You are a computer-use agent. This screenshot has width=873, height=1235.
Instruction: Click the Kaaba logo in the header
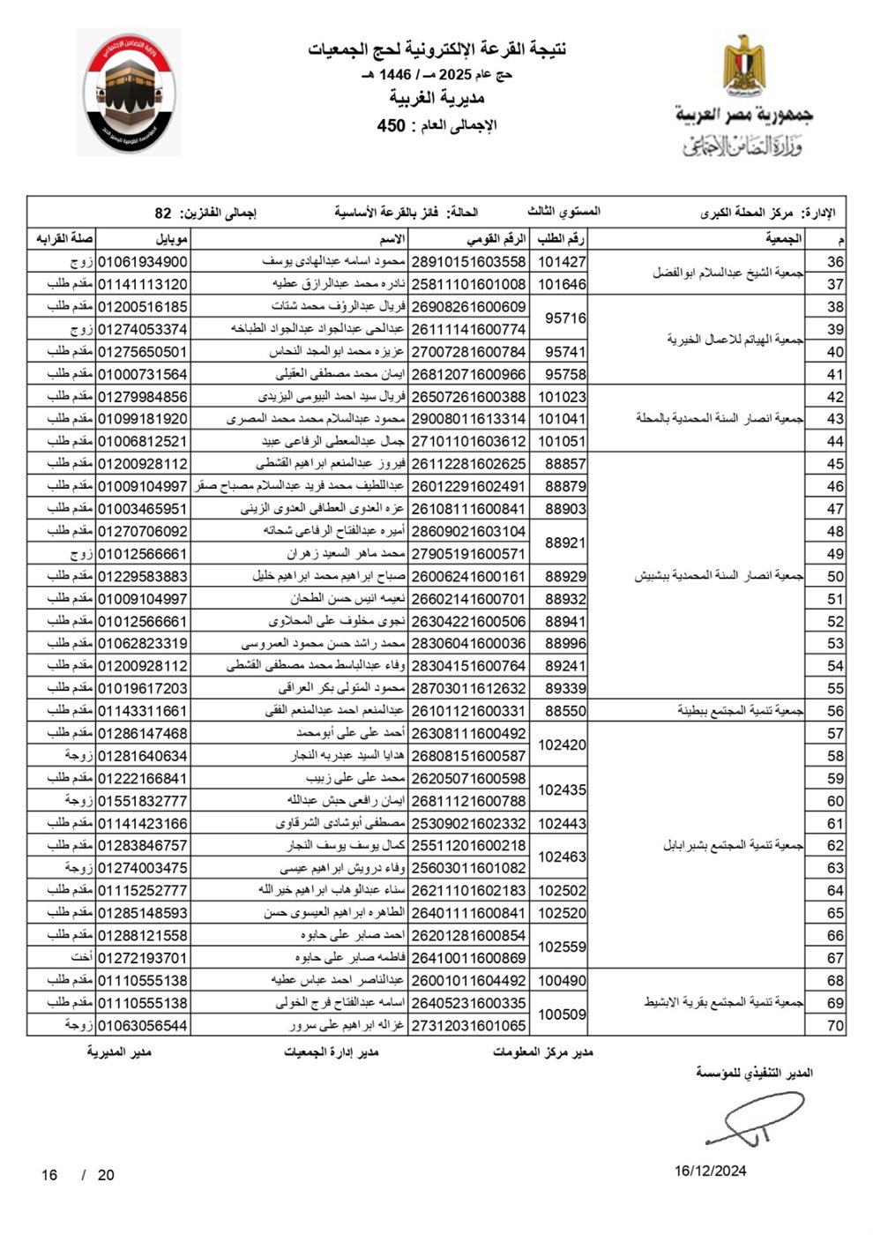click(129, 93)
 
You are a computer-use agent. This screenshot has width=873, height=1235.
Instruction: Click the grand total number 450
click(391, 125)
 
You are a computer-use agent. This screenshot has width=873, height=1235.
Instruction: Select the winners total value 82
click(163, 213)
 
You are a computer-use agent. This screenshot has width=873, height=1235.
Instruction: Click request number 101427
click(562, 262)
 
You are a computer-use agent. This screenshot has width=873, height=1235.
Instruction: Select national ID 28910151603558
click(468, 262)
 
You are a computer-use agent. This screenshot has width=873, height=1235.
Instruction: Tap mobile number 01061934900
click(142, 262)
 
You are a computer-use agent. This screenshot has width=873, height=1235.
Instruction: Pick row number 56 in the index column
click(835, 711)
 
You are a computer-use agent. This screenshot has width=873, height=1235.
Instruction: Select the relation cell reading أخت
click(82, 958)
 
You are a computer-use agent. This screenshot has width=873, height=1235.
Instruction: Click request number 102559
click(562, 947)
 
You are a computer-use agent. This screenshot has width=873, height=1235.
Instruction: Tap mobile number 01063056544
click(142, 1026)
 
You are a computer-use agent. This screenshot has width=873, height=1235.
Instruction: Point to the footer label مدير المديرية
click(119, 1052)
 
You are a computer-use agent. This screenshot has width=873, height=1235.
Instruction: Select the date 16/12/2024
click(711, 1171)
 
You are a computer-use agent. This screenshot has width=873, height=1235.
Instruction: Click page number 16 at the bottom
click(49, 1175)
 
